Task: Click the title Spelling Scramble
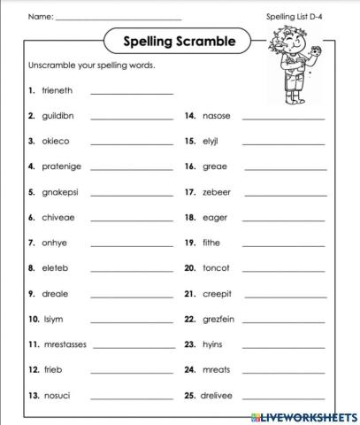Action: (179, 41)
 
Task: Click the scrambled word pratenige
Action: (62, 166)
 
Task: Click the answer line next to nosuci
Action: (132, 398)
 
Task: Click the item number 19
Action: (189, 242)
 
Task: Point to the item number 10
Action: (34, 319)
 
